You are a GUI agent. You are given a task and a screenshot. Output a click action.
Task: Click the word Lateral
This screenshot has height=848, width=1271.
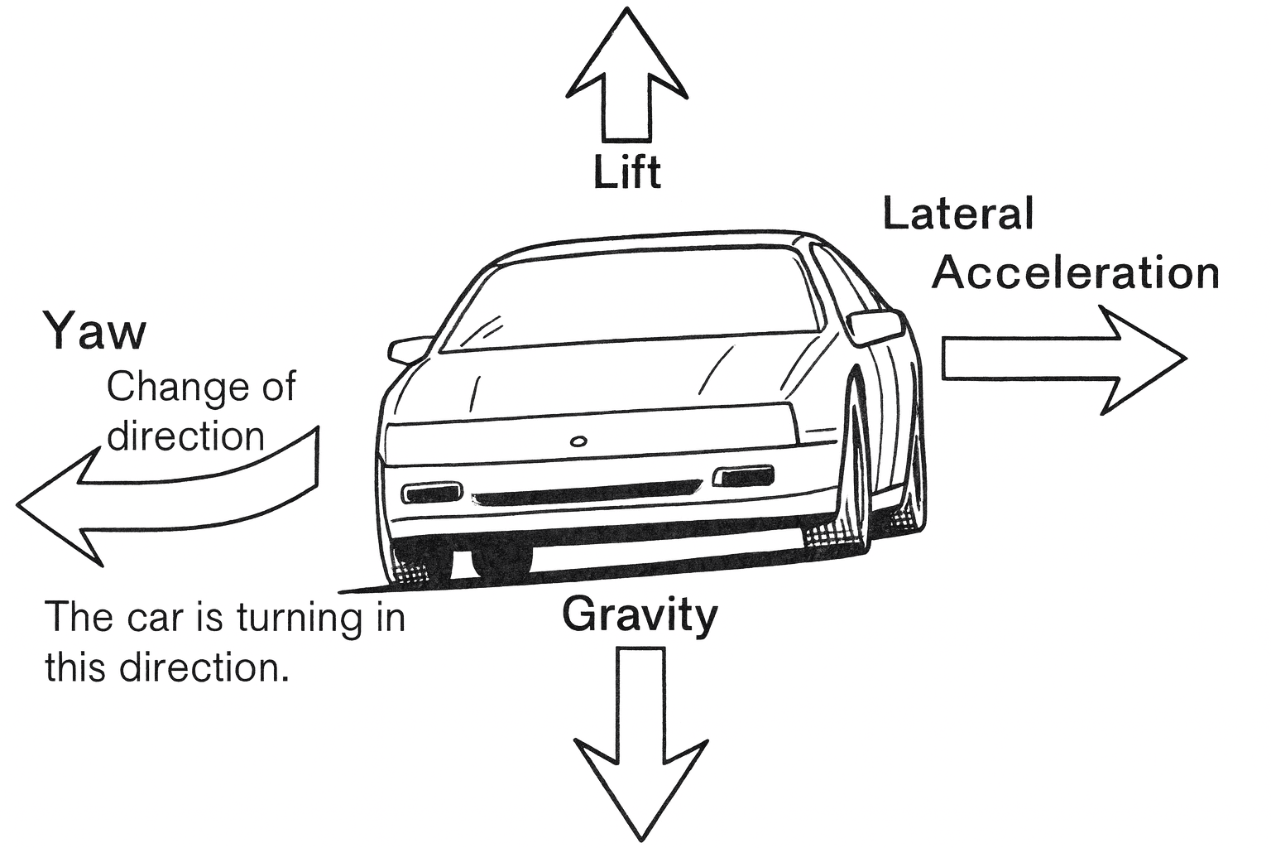coord(958,214)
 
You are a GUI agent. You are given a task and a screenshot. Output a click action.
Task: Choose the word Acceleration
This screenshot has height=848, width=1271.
coord(1076,272)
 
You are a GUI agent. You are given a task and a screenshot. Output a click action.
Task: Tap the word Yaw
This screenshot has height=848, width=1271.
coord(94,331)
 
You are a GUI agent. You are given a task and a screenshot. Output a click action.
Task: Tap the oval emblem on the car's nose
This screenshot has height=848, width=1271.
coord(577,440)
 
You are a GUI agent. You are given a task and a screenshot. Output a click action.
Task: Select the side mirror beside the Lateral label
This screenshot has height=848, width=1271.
coord(875,326)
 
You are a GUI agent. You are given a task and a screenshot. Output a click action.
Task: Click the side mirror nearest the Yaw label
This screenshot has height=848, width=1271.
coord(410,349)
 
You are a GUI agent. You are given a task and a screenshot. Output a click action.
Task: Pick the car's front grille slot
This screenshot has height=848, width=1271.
coord(583,497)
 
